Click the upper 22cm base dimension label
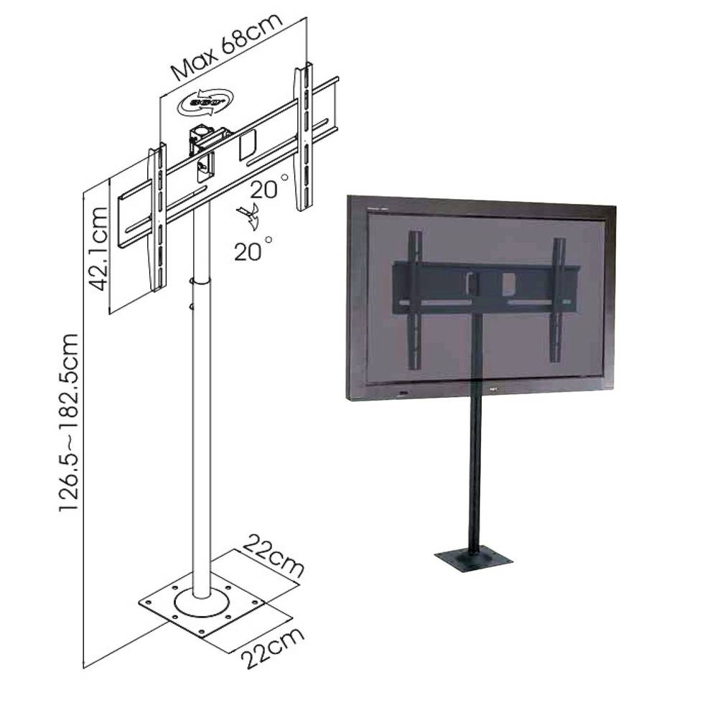(273, 554)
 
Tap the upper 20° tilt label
(269, 188)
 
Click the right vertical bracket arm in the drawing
(303, 136)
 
